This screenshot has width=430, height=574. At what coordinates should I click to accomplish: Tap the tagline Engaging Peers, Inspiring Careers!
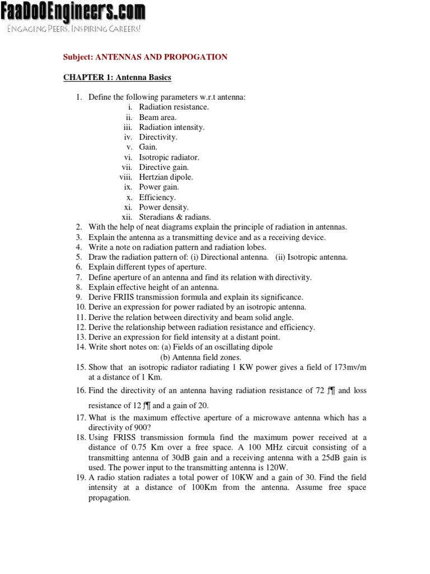click(x=73, y=29)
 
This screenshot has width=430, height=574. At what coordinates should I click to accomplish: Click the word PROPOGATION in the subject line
click(x=194, y=57)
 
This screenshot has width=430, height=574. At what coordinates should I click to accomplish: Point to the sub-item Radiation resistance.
click(x=174, y=107)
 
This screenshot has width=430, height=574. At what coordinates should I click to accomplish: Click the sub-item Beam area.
click(x=157, y=117)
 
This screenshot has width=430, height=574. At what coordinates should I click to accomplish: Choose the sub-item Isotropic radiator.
click(x=169, y=158)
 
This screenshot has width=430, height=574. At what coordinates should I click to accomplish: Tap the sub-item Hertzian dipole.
click(x=166, y=177)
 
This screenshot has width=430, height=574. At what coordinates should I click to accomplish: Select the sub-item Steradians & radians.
click(x=175, y=217)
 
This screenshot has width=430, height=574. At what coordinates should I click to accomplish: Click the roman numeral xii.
click(x=127, y=217)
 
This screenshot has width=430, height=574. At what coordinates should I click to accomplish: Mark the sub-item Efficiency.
click(x=157, y=197)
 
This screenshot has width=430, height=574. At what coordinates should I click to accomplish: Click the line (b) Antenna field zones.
click(x=200, y=357)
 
